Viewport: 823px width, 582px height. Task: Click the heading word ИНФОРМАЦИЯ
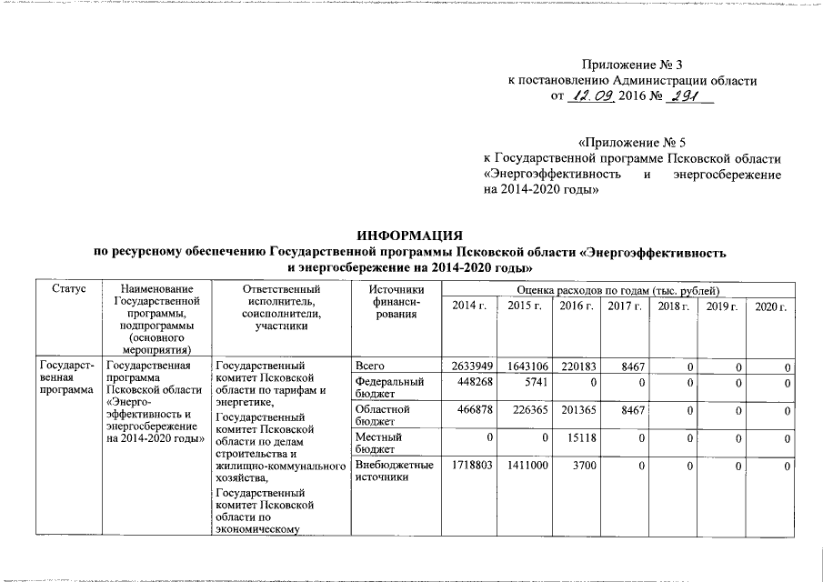coord(411,235)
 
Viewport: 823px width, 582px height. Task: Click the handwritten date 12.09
coord(590,95)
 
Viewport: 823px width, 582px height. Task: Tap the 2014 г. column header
coord(469,306)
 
